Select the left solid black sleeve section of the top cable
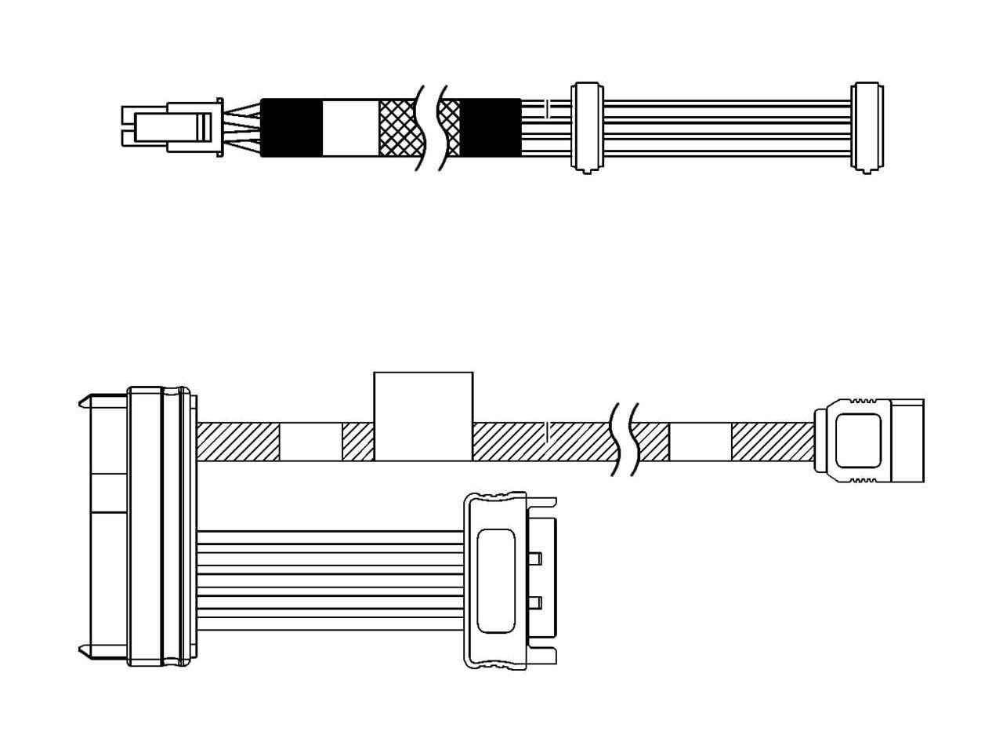291,127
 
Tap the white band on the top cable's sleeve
350,127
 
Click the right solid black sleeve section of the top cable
491,127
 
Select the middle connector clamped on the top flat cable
587,126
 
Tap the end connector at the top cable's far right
865,126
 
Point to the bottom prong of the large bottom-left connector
85,649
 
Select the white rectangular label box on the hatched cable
423,416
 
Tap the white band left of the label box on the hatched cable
311,442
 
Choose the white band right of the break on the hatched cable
700,442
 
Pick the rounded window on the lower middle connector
495,580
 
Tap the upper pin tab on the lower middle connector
536,558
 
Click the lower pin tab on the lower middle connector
536,603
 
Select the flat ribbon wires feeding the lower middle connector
329,580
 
